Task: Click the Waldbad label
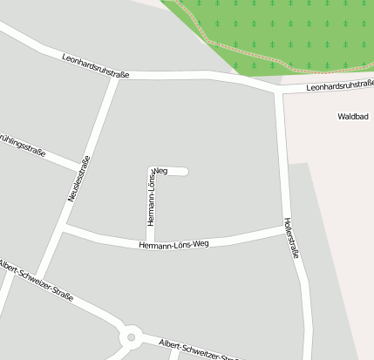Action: tap(355, 116)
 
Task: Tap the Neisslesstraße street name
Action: tap(78, 180)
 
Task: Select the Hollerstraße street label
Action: tap(291, 239)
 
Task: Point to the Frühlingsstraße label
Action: tap(21, 144)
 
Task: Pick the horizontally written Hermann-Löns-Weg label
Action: tap(174, 245)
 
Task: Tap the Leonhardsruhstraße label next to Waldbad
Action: tap(340, 85)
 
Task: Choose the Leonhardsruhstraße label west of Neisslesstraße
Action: tap(96, 68)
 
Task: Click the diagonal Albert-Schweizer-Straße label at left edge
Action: tap(36, 281)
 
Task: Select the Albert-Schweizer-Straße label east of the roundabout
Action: tap(199, 350)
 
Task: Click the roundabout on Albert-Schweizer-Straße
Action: tap(132, 336)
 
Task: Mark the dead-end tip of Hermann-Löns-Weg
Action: tap(185, 171)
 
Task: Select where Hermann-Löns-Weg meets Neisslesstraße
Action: tap(66, 229)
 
